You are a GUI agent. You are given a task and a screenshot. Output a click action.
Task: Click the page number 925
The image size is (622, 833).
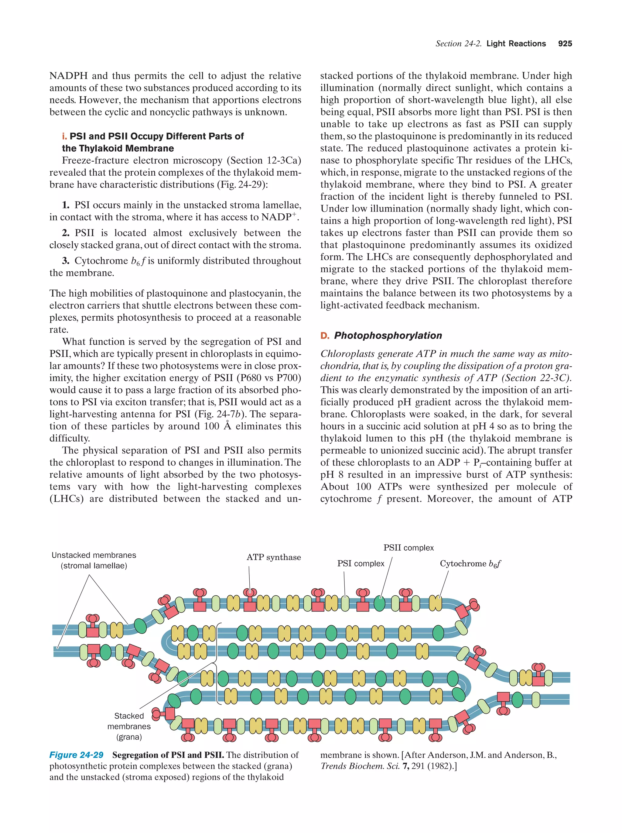pyautogui.click(x=565, y=43)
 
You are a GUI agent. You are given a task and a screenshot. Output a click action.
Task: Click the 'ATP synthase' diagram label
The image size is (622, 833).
pyautogui.click(x=274, y=557)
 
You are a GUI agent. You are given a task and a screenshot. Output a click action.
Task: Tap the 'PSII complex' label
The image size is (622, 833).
pyautogui.click(x=408, y=548)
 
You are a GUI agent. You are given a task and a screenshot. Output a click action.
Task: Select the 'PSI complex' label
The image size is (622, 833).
pyautogui.click(x=361, y=563)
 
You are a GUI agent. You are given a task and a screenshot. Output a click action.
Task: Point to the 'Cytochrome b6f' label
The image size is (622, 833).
pyautogui.click(x=470, y=564)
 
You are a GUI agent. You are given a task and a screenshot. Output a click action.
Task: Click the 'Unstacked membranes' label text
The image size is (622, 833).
pyautogui.click(x=94, y=555)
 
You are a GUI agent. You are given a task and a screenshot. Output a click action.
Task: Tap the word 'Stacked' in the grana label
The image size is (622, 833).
pyautogui.click(x=129, y=716)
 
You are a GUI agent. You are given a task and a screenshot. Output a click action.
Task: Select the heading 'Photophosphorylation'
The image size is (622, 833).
pyautogui.click(x=388, y=336)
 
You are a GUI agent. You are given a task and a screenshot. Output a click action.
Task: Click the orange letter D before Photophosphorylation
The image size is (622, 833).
pyautogui.click(x=324, y=336)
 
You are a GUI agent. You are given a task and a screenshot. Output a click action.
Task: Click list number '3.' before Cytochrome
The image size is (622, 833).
pyautogui.click(x=66, y=260)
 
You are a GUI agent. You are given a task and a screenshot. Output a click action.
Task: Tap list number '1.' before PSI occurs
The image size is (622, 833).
pyautogui.click(x=66, y=205)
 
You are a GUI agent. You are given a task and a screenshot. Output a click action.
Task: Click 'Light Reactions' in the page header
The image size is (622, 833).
pyautogui.click(x=516, y=43)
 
